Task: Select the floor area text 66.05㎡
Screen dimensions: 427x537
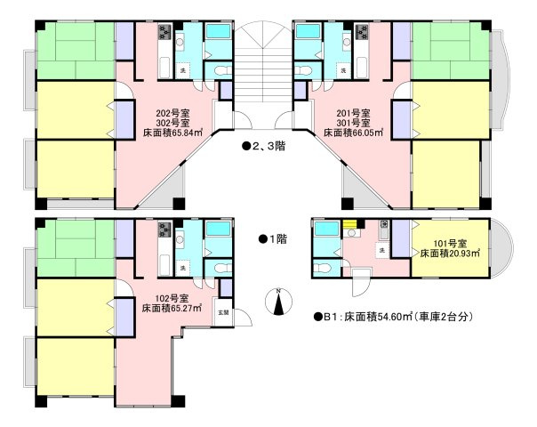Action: click(x=354, y=133)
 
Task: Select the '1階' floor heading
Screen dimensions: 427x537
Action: click(x=271, y=238)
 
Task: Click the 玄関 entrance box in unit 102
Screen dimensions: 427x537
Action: click(x=222, y=312)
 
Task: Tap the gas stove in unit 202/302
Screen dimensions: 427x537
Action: click(x=164, y=34)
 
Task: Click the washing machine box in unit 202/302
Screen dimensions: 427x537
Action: click(x=183, y=69)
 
